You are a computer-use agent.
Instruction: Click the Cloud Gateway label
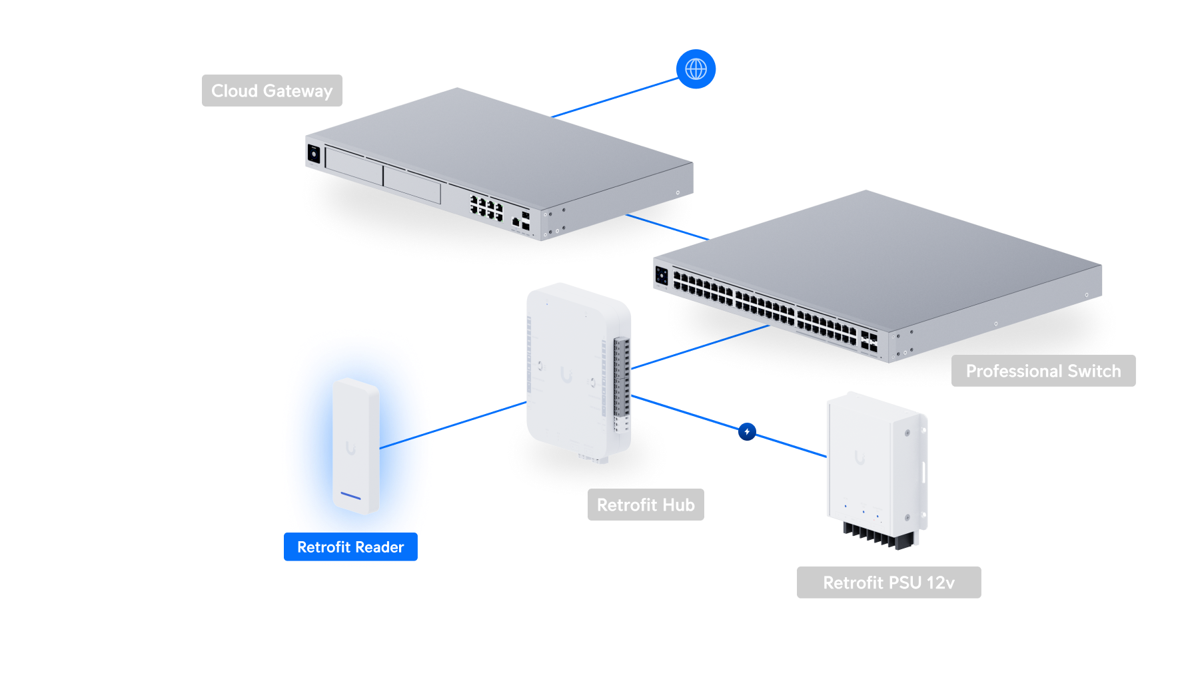[272, 91]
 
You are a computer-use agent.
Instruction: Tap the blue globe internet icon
[696, 69]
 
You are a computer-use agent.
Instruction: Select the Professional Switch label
[1043, 371]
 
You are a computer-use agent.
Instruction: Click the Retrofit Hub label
[645, 505]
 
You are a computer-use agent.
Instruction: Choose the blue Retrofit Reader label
[350, 547]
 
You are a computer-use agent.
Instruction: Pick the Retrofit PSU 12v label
[888, 582]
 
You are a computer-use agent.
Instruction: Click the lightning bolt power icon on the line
[747, 432]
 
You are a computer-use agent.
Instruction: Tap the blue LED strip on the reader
[350, 497]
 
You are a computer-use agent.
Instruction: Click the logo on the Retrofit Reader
[350, 449]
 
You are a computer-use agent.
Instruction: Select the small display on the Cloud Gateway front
[314, 154]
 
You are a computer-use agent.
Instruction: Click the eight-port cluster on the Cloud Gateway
[486, 208]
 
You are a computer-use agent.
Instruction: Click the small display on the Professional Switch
[662, 275]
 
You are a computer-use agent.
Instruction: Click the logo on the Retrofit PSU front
[860, 458]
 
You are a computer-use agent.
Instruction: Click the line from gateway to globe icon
[614, 97]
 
